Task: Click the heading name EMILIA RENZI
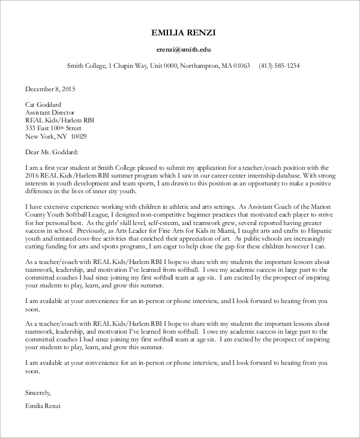[x=183, y=31]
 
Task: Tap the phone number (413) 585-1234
[x=279, y=66]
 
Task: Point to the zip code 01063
[x=241, y=66]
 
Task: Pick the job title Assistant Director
[x=50, y=112]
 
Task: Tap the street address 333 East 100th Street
[x=53, y=128]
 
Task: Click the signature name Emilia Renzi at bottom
[x=43, y=406]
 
